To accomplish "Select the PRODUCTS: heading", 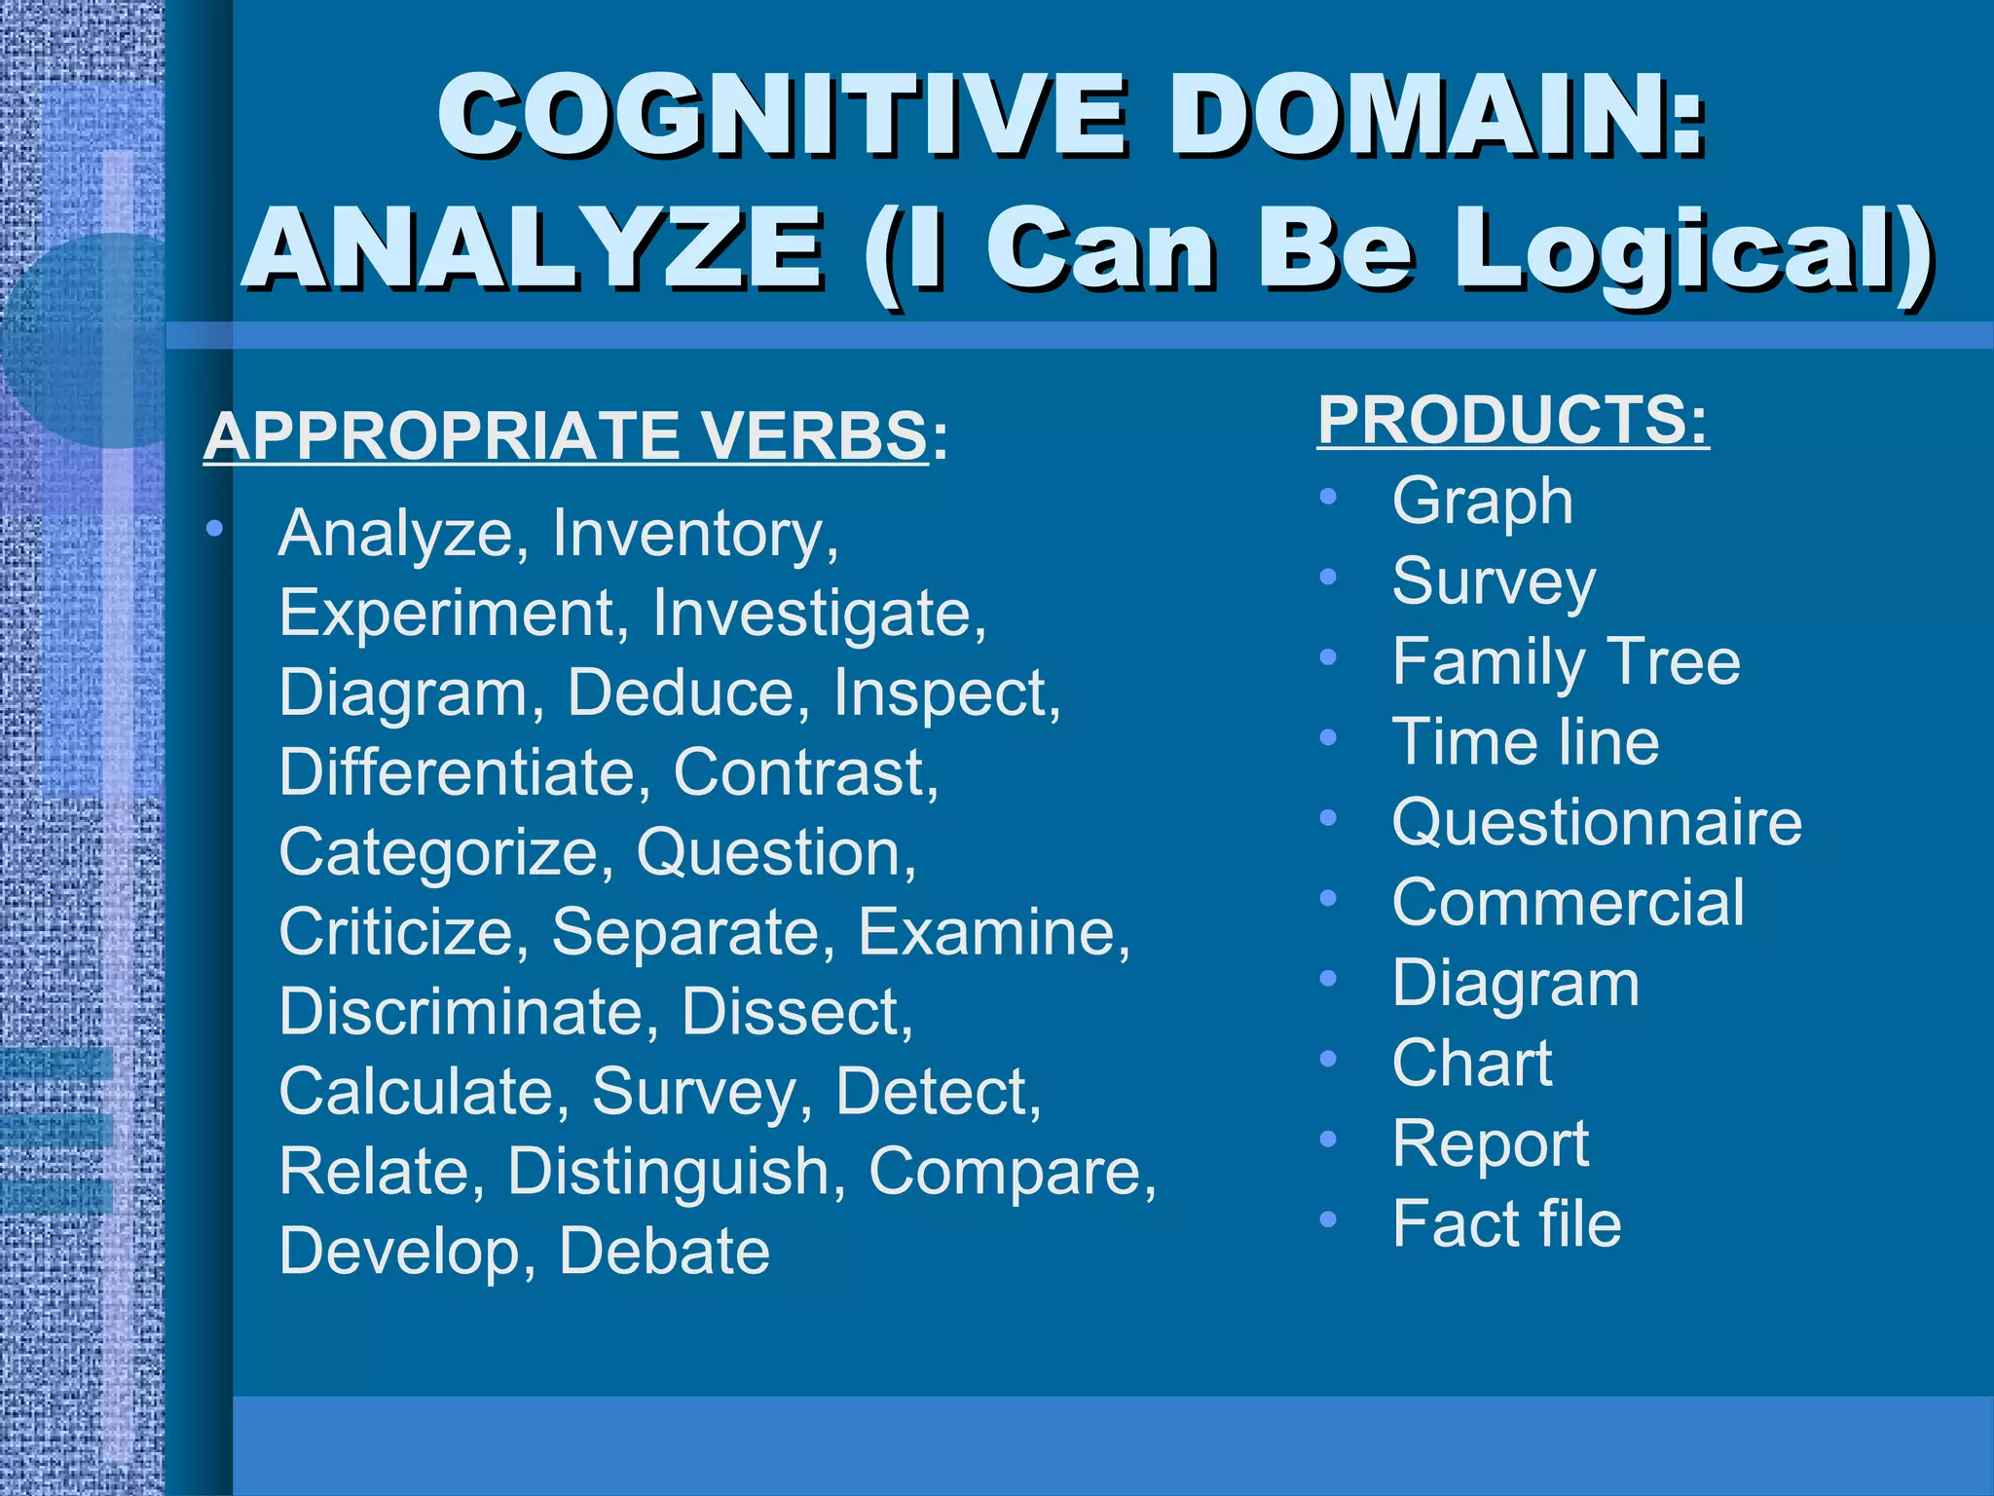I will pyautogui.click(x=1513, y=421).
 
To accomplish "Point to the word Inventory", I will pyautogui.click(x=695, y=535).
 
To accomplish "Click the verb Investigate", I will pyautogui.click(x=819, y=614).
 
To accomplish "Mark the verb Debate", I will pyautogui.click(x=664, y=1252).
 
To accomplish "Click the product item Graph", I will pyautogui.click(x=1482, y=502).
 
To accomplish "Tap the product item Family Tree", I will pyautogui.click(x=1566, y=662).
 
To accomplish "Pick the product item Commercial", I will pyautogui.click(x=1569, y=903).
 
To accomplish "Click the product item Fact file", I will pyautogui.click(x=1506, y=1224).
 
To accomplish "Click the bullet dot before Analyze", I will pyautogui.click(x=214, y=530).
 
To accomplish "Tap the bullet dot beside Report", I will pyautogui.click(x=1328, y=1139).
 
